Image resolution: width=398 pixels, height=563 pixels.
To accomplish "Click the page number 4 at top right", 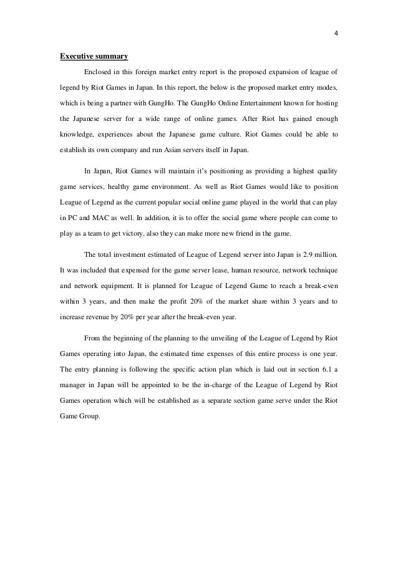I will point(336,33).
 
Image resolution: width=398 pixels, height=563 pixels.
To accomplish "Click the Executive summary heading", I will point(94,57).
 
